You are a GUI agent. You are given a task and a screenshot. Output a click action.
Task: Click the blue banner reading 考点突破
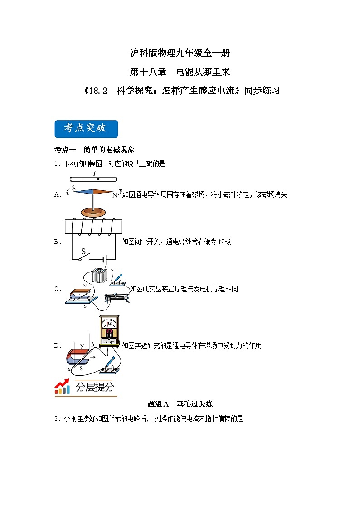tap(86, 129)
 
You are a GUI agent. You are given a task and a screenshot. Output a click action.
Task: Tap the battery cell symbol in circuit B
tap(105, 260)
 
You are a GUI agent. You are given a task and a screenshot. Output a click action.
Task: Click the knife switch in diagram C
tap(118, 281)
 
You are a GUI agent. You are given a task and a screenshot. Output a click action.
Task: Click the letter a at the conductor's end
tap(69, 370)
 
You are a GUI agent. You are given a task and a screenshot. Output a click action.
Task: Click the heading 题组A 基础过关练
tap(180, 404)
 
